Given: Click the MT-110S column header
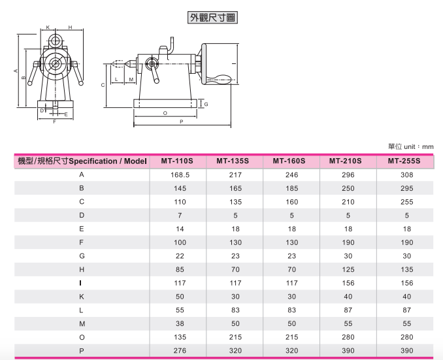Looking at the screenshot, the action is pyautogui.click(x=177, y=161).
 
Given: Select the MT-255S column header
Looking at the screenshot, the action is pyautogui.click(x=404, y=161).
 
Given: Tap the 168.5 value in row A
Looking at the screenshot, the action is pyautogui.click(x=180, y=175).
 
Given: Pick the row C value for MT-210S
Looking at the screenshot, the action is pyautogui.click(x=348, y=202).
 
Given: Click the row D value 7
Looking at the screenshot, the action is pyautogui.click(x=180, y=216).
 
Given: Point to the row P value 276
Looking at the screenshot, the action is pyautogui.click(x=180, y=351).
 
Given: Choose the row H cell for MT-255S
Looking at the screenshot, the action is pyautogui.click(x=407, y=270).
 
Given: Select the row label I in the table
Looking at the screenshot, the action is pyautogui.click(x=81, y=283).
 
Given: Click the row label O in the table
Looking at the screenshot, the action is pyautogui.click(x=82, y=337).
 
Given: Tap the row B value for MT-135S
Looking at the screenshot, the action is pyautogui.click(x=236, y=188).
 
